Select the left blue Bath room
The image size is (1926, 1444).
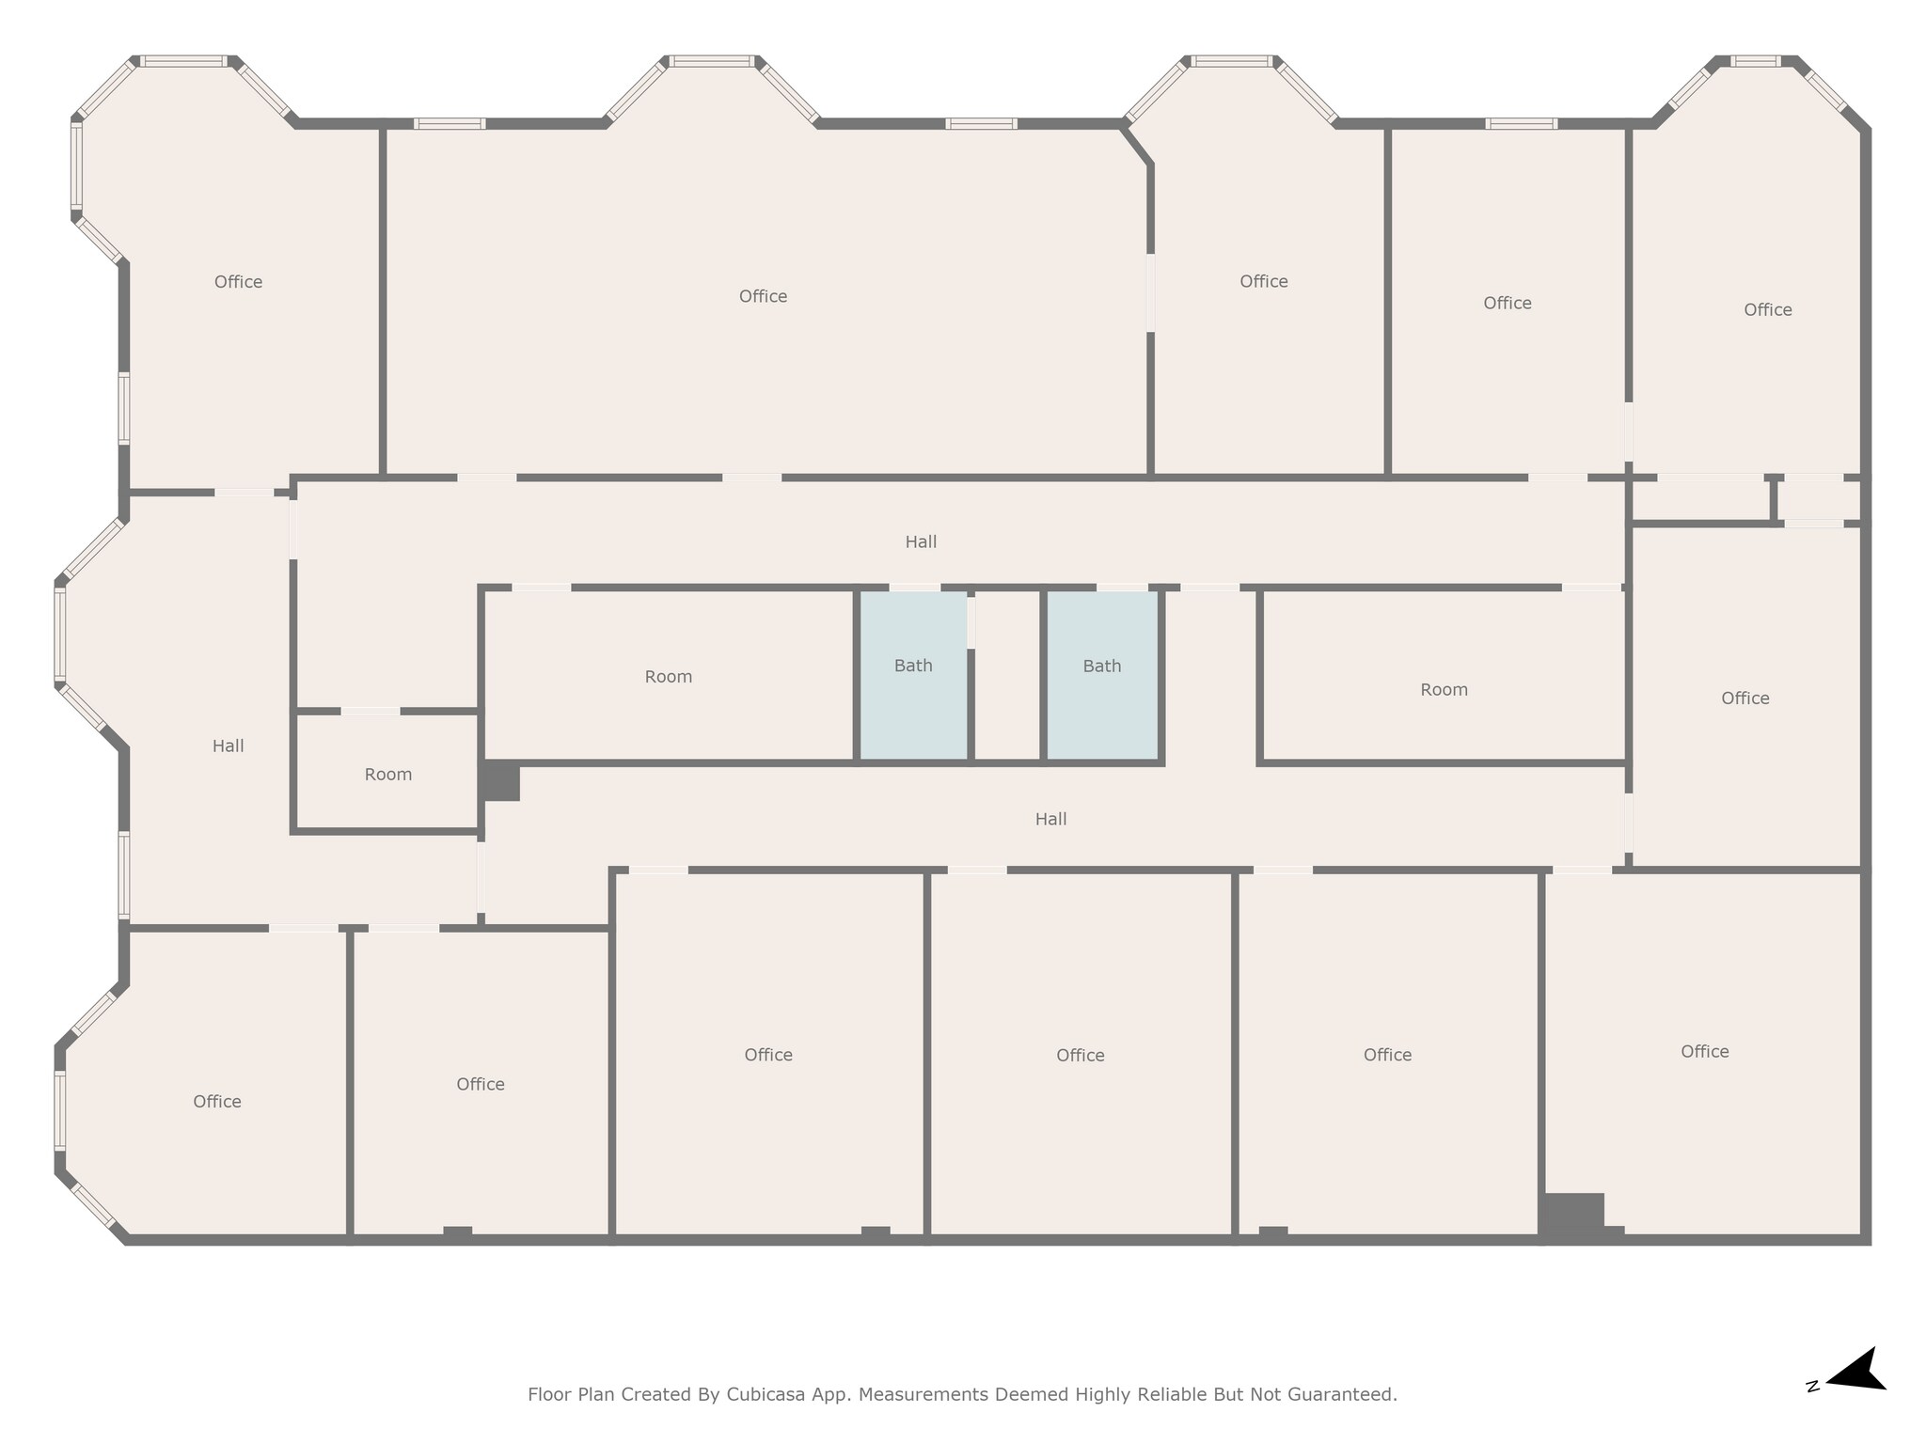click(x=913, y=675)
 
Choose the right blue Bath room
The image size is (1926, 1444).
click(x=1102, y=675)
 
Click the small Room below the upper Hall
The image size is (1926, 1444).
click(x=387, y=774)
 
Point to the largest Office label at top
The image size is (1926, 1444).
click(x=763, y=296)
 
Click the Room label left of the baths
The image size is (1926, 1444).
click(x=668, y=677)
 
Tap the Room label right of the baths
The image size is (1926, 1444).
click(x=1444, y=690)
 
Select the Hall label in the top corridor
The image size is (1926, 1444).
click(x=921, y=541)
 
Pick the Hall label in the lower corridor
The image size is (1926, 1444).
click(x=1050, y=819)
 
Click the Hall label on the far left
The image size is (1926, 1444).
click(x=228, y=746)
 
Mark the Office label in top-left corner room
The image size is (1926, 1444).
click(x=238, y=282)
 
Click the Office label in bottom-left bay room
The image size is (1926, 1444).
click(x=217, y=1101)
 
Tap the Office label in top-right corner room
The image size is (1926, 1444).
click(x=1767, y=309)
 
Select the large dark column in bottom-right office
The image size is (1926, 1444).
click(x=1572, y=1215)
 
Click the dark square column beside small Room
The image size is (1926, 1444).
click(x=500, y=781)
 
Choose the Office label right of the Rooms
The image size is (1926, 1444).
click(x=1744, y=698)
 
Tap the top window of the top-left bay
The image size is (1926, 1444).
click(x=183, y=62)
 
